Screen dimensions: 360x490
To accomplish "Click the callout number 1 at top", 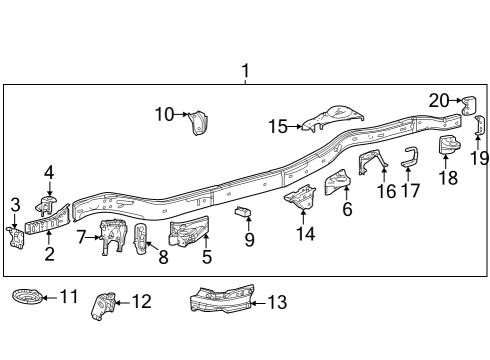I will point(245,72).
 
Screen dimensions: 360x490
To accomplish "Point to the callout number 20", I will point(440,99).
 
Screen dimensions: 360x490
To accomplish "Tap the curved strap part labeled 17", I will point(409,157).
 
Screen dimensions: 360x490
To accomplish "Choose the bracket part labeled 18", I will point(450,147).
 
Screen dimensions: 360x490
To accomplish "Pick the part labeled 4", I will point(48,204).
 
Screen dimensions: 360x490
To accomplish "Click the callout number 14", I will point(305,234).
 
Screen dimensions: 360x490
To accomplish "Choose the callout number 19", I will point(478,157).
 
